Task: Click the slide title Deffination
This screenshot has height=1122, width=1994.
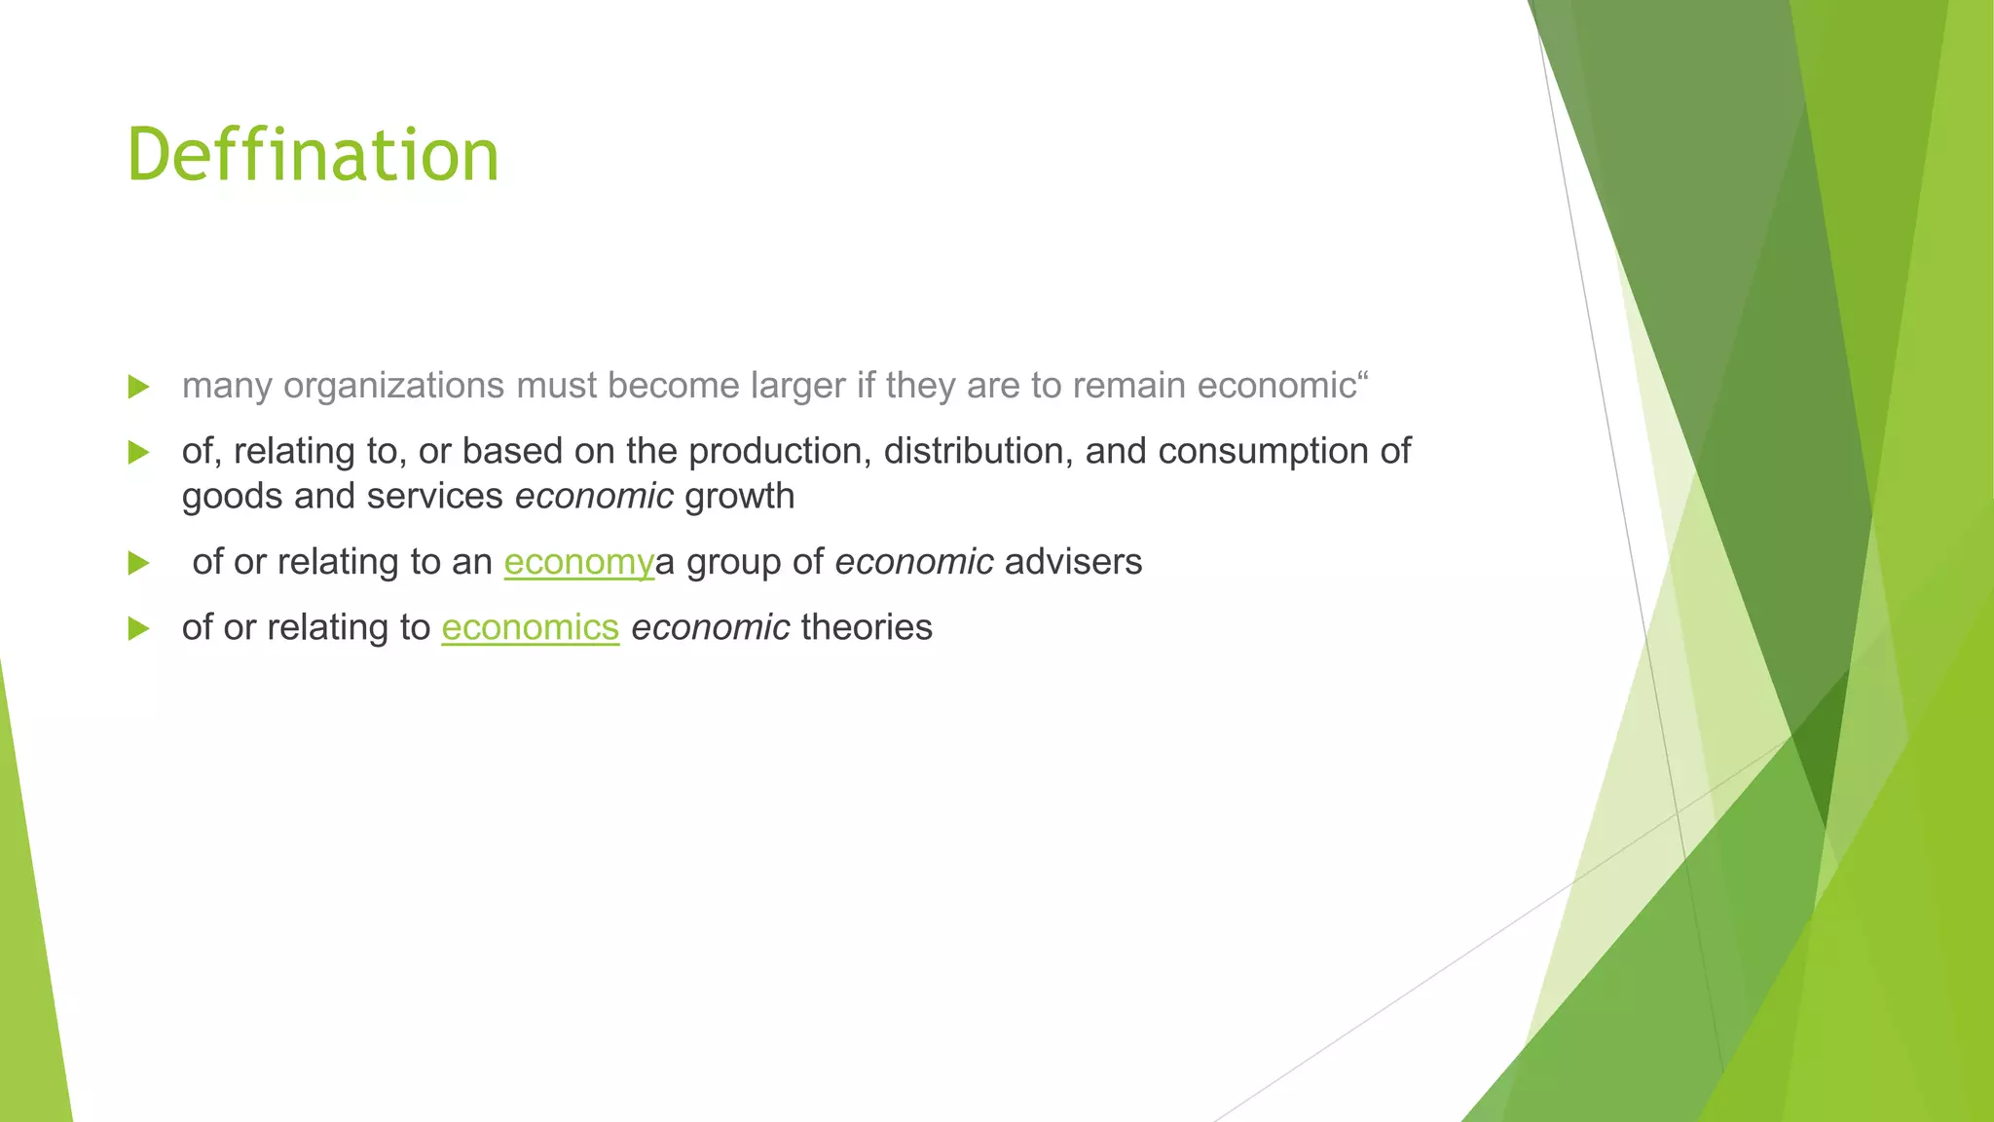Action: tap(313, 156)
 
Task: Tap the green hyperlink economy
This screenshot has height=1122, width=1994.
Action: tap(578, 562)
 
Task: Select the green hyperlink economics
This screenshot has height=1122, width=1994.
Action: tap(530, 627)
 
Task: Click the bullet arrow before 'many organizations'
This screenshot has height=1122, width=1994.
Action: tap(138, 387)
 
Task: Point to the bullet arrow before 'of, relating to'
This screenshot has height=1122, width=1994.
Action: tap(138, 452)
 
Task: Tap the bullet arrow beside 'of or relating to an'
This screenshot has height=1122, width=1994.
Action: tap(138, 563)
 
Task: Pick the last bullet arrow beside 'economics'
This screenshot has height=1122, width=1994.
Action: tap(138, 628)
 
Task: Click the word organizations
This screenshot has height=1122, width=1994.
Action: tap(393, 386)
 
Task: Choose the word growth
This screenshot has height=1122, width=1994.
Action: tap(739, 497)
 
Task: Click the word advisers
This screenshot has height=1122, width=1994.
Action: tap(1073, 562)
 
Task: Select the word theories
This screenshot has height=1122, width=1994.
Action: tap(867, 627)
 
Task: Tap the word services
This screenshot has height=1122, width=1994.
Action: tap(434, 497)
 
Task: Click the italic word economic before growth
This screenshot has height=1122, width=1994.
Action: tap(594, 497)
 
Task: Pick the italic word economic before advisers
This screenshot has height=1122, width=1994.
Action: tap(914, 562)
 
